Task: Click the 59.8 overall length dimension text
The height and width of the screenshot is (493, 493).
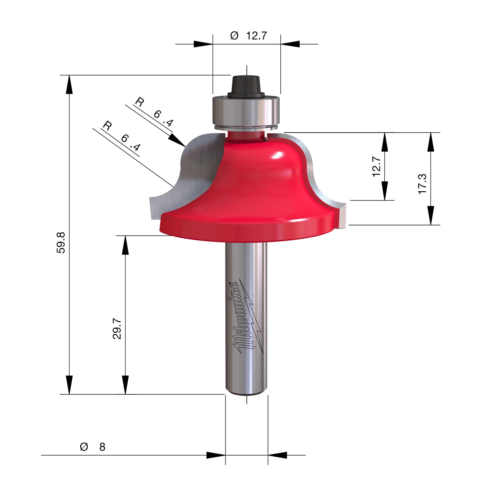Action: [61, 242]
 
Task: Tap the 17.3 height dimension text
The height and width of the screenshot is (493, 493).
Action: [422, 184]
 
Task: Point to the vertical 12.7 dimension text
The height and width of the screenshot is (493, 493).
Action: [377, 167]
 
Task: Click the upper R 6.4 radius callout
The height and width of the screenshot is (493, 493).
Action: [154, 112]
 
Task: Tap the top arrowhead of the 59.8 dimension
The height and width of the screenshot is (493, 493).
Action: [69, 85]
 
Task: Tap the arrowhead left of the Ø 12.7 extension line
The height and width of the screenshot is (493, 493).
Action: [203, 44]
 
